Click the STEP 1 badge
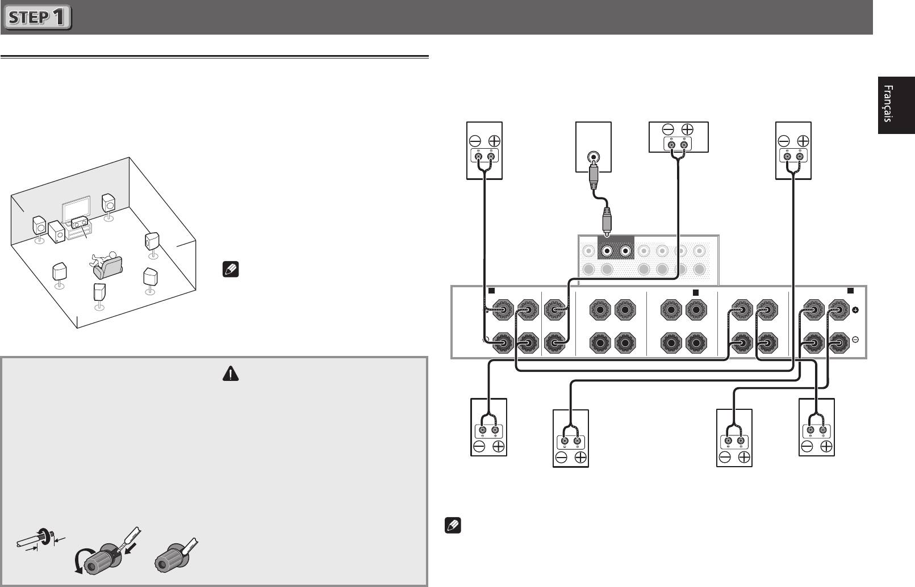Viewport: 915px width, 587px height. tap(37, 18)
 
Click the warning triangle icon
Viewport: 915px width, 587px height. tap(231, 373)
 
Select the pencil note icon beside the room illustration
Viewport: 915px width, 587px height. tap(231, 269)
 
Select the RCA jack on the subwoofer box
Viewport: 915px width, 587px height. tap(593, 156)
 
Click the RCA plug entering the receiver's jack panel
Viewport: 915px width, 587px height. tap(607, 222)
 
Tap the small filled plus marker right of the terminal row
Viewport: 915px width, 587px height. tap(856, 310)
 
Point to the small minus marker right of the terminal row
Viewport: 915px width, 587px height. tap(856, 339)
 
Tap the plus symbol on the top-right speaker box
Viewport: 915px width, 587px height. tap(803, 141)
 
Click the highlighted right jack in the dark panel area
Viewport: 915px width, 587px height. tap(626, 251)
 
